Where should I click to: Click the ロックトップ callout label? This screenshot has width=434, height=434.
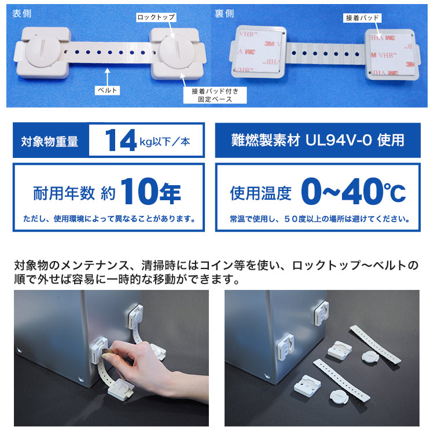click(x=155, y=18)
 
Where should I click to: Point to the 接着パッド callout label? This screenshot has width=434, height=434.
click(x=362, y=18)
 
